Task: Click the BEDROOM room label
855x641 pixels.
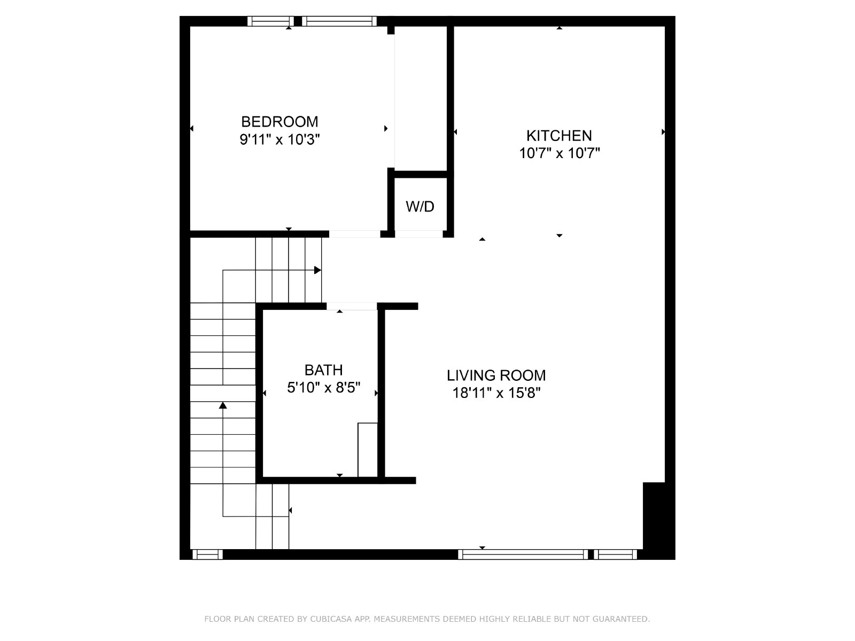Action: point(279,122)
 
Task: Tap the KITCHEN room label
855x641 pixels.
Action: point(559,136)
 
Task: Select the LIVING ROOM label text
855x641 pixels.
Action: point(496,376)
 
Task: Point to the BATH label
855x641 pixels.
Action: point(323,370)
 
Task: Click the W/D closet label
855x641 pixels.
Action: point(420,207)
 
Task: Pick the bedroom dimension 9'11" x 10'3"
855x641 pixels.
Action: point(279,139)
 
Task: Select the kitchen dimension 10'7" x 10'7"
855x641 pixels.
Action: point(559,153)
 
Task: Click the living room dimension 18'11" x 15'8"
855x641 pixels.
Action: point(496,393)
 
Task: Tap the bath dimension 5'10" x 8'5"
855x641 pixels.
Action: point(323,388)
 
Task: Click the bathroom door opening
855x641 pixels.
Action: point(351,306)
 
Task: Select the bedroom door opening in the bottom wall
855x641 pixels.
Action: point(354,234)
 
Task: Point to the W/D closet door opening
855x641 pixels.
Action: point(419,234)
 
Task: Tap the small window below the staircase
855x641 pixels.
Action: point(207,554)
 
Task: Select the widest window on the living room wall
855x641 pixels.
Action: point(523,554)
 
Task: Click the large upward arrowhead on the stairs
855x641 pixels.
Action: point(223,405)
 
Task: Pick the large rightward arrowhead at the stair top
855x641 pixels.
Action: point(318,270)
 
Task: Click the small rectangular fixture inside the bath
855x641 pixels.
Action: point(368,450)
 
